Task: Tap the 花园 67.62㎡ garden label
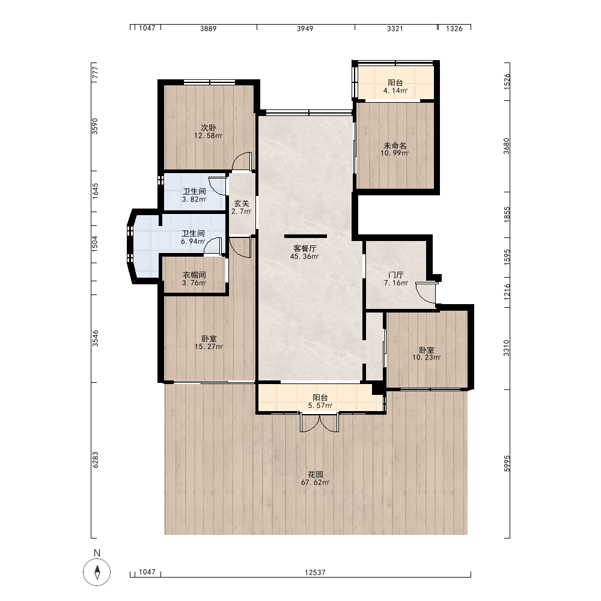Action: click(x=315, y=478)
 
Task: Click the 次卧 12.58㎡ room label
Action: click(x=209, y=132)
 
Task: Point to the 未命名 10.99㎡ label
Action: click(x=395, y=149)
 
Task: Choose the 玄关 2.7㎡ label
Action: click(x=242, y=207)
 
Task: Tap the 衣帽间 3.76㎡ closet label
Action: click(x=194, y=279)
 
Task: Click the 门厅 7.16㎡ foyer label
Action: click(x=396, y=279)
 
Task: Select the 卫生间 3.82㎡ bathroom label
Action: click(x=194, y=195)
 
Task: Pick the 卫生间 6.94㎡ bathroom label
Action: click(x=193, y=237)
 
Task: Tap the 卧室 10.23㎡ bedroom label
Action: click(x=427, y=354)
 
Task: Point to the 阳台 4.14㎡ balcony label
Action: click(x=395, y=87)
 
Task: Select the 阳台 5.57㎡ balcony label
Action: click(x=320, y=401)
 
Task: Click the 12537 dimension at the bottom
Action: click(x=315, y=572)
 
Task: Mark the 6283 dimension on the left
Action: click(x=95, y=460)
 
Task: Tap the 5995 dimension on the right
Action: click(x=507, y=463)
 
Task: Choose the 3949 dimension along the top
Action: click(x=305, y=28)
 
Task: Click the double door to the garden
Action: click(x=319, y=422)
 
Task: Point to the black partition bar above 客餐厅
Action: click(x=305, y=236)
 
